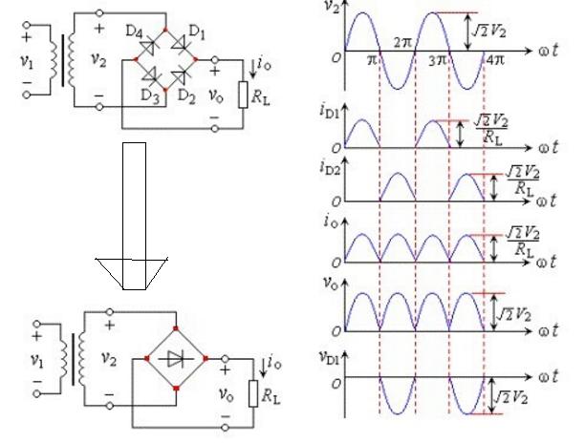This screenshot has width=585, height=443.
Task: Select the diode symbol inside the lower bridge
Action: pos(174,360)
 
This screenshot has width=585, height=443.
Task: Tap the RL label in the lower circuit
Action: pos(271,391)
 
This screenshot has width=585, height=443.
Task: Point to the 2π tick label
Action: pos(402,44)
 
